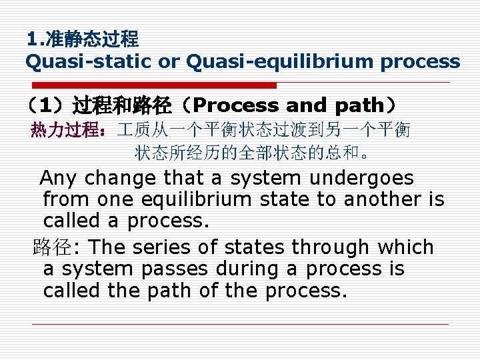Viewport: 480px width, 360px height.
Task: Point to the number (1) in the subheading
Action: [x=45, y=105]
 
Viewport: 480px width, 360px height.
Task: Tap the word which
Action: [x=405, y=247]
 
